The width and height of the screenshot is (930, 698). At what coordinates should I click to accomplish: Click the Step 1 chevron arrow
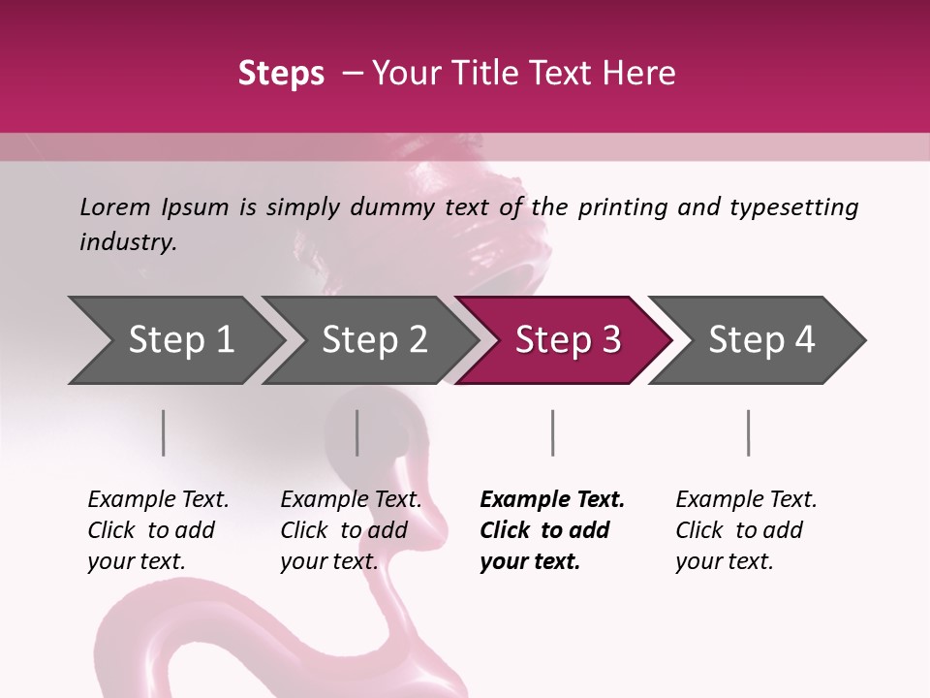pyautogui.click(x=180, y=340)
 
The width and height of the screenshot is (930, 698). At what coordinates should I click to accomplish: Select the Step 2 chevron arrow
pyautogui.click(x=374, y=340)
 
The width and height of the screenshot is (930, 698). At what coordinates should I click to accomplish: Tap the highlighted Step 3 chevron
pyautogui.click(x=567, y=340)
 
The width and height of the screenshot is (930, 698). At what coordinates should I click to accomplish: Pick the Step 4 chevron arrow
pyautogui.click(x=761, y=340)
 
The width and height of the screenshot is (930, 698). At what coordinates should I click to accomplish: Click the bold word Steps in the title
pyautogui.click(x=281, y=74)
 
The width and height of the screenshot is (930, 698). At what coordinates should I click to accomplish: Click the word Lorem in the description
pyautogui.click(x=115, y=206)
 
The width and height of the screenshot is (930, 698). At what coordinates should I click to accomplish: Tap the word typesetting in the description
pyautogui.click(x=793, y=206)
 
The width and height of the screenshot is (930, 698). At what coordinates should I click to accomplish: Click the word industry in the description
pyautogui.click(x=127, y=241)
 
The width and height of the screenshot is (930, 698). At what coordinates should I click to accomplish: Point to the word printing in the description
pyautogui.click(x=624, y=206)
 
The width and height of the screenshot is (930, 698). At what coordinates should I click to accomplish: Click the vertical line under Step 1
pyautogui.click(x=164, y=432)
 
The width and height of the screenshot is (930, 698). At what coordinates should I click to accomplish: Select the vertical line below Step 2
pyautogui.click(x=357, y=432)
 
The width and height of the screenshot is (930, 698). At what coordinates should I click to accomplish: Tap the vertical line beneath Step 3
pyautogui.click(x=553, y=432)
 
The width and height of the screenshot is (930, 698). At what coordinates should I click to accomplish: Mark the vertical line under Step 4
pyautogui.click(x=749, y=432)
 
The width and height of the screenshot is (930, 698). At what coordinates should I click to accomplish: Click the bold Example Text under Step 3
pyautogui.click(x=552, y=500)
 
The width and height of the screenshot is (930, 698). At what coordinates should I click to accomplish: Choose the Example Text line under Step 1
pyautogui.click(x=158, y=500)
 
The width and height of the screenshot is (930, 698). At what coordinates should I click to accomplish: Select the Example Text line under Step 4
pyautogui.click(x=746, y=500)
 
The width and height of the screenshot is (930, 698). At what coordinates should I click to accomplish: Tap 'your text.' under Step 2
pyautogui.click(x=329, y=561)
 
